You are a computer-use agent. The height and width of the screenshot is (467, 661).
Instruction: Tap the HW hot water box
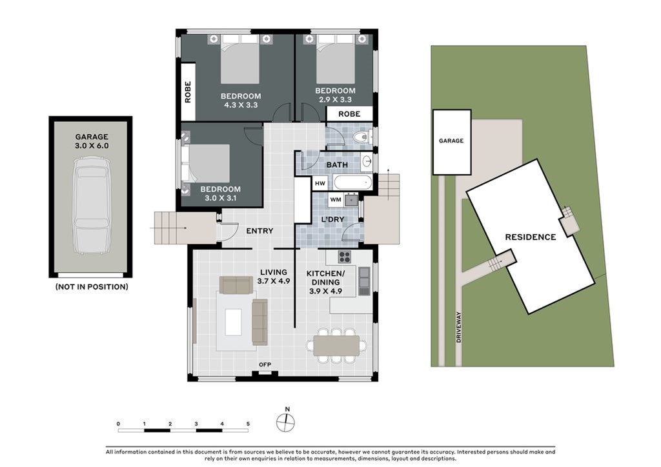click(x=320, y=183)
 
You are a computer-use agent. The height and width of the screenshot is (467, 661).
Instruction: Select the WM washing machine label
click(x=336, y=199)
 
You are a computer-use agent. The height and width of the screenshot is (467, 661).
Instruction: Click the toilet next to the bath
click(x=362, y=137)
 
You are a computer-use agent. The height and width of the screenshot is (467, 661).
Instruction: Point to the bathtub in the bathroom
click(x=352, y=183)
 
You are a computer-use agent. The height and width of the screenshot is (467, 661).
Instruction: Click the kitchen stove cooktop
click(x=345, y=257)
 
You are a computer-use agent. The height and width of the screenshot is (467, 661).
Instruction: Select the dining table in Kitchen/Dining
click(x=336, y=346)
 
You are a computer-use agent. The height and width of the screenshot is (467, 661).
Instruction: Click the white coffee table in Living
click(x=233, y=322)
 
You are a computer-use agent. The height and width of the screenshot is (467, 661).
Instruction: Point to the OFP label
click(x=265, y=364)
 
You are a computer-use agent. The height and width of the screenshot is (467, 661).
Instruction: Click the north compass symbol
click(x=285, y=422)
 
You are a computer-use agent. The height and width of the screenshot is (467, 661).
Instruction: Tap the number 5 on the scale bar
click(x=248, y=424)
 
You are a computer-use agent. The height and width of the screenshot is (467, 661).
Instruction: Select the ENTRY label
click(x=259, y=231)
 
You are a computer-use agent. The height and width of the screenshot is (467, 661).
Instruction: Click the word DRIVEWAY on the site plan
click(x=459, y=327)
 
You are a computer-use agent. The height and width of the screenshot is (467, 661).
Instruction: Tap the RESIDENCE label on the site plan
click(x=531, y=237)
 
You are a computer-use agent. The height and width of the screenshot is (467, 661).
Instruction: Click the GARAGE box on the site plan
click(x=451, y=142)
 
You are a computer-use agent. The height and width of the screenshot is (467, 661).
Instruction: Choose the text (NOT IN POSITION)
click(x=92, y=287)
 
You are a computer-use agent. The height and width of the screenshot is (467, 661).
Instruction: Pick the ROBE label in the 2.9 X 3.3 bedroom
click(x=349, y=114)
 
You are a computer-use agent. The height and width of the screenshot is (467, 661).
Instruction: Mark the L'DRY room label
click(x=332, y=219)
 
